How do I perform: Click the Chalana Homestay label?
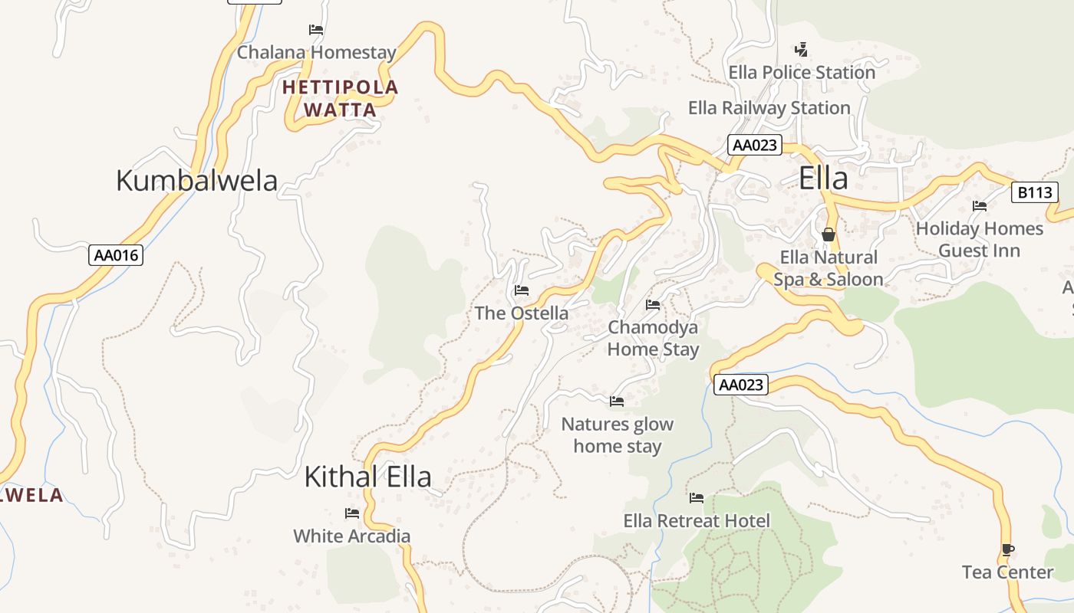[316, 53]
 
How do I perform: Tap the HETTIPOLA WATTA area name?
[340, 98]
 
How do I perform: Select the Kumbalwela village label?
[196, 181]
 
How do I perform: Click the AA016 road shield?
[116, 255]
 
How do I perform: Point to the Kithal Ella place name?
[367, 477]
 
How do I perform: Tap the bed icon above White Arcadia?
[352, 513]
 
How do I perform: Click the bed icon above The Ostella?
[522, 290]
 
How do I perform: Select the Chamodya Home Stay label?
[653, 339]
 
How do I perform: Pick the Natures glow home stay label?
[617, 435]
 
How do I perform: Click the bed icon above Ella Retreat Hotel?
[696, 498]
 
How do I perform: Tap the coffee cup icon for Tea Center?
[1007, 549]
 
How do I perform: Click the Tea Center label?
[1007, 572]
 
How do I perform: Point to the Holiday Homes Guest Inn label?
[979, 239]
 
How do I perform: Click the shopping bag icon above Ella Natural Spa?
[829, 234]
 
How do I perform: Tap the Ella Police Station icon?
[801, 50]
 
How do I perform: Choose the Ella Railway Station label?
[769, 108]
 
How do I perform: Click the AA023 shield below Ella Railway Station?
[755, 145]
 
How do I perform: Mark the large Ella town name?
[823, 179]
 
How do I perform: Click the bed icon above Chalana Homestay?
[315, 30]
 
